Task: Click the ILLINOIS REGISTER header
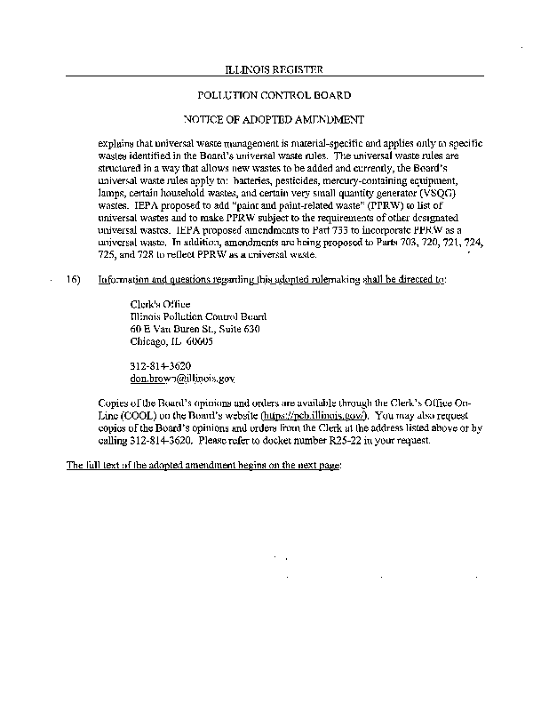[274, 69]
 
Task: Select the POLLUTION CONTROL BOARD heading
[274, 94]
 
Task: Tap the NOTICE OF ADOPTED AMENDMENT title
[274, 118]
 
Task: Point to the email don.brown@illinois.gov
[182, 378]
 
